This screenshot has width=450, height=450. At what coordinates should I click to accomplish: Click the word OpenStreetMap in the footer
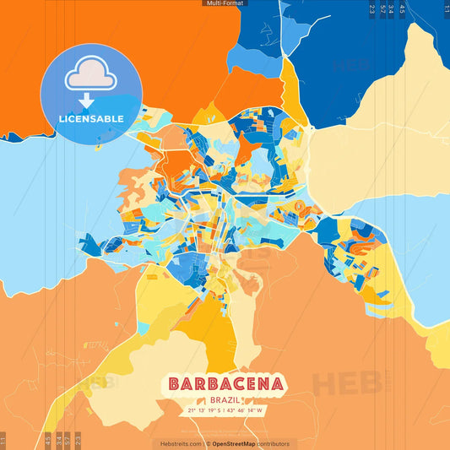(x=239, y=443)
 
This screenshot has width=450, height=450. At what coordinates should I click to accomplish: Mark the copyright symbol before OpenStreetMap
(x=208, y=443)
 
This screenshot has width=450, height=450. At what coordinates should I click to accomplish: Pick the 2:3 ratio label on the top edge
(x=371, y=10)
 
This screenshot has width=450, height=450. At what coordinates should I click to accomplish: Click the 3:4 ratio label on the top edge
(x=391, y=10)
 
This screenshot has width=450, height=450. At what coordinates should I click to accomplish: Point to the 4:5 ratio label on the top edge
(x=402, y=10)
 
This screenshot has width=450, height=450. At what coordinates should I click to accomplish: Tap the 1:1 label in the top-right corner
(x=446, y=10)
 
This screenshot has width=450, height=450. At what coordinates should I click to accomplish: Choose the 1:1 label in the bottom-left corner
(x=3, y=439)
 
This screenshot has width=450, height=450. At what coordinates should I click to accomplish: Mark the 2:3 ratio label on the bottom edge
(x=78, y=439)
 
